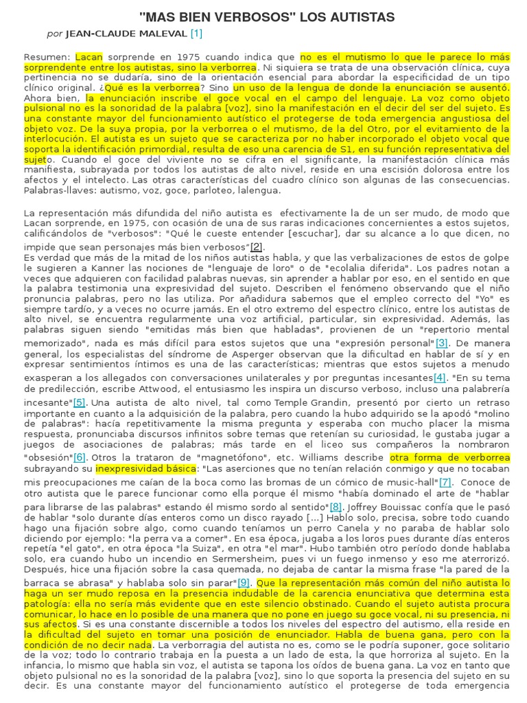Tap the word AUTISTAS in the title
pos(362,16)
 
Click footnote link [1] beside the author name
pos(196,33)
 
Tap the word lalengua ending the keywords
pos(257,189)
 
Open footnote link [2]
pos(257,247)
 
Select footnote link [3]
pos(441,343)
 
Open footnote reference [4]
pos(440,378)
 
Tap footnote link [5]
pos(80,402)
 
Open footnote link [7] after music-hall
pos(445,482)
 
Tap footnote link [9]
pos(244,582)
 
